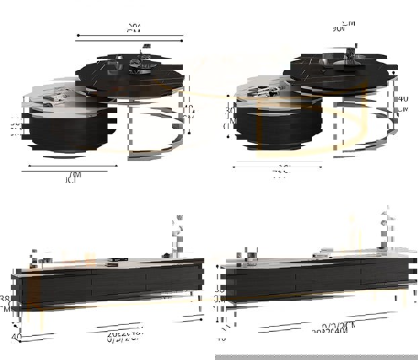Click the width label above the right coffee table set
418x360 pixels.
pyautogui.click(x=343, y=26)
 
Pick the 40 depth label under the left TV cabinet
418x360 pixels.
pyautogui.click(x=17, y=336)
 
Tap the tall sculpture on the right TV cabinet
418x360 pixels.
pyautogui.click(x=386, y=232)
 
